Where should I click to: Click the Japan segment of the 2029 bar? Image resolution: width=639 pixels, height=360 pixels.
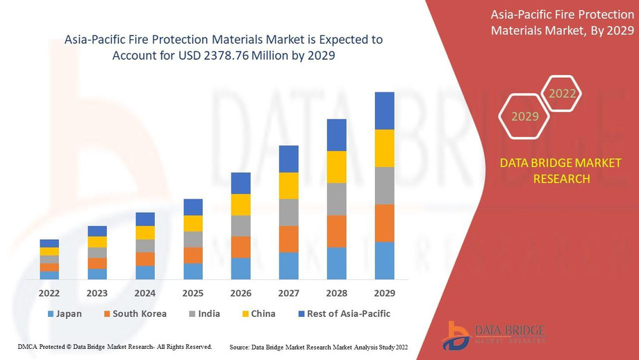pyautogui.click(x=384, y=261)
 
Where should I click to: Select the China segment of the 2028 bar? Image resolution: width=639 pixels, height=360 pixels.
pyautogui.click(x=336, y=167)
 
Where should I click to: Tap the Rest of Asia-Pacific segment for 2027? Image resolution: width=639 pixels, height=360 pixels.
pyautogui.click(x=288, y=159)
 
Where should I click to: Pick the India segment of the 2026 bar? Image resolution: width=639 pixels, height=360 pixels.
pyautogui.click(x=240, y=226)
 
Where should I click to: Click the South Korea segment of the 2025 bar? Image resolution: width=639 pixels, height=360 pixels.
pyautogui.click(x=193, y=255)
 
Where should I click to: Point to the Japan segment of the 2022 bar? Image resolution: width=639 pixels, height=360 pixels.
pyautogui.click(x=49, y=275)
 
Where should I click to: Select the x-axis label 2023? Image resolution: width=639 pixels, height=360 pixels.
pyautogui.click(x=97, y=293)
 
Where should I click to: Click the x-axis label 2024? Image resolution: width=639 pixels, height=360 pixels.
pyautogui.click(x=145, y=293)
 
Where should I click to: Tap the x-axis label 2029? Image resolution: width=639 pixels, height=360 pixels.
pyautogui.click(x=384, y=293)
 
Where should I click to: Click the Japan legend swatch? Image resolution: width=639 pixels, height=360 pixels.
pyautogui.click(x=50, y=314)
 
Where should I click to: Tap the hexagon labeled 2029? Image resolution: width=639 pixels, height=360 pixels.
pyautogui.click(x=525, y=117)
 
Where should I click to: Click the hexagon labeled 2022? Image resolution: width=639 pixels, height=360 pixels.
pyautogui.click(x=562, y=94)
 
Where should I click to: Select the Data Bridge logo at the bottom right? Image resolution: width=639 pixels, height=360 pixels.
pyautogui.click(x=493, y=334)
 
